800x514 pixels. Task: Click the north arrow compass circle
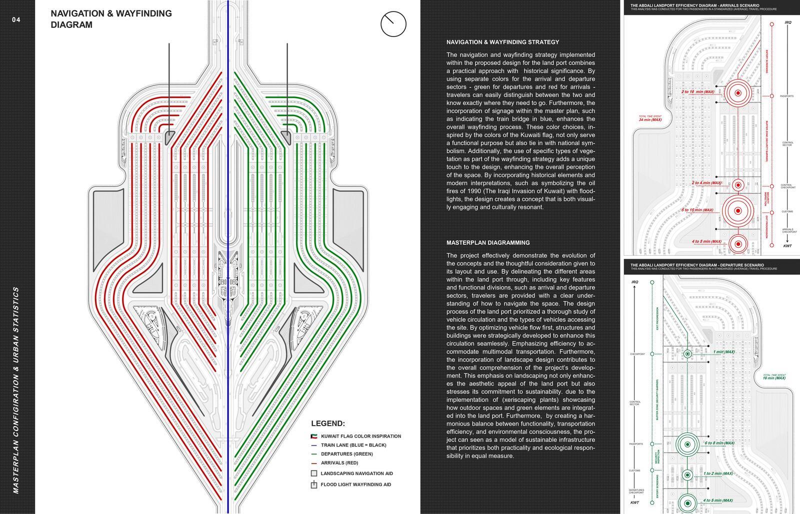(393, 24)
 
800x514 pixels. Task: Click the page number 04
(16, 20)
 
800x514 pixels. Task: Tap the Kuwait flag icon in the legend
(314, 436)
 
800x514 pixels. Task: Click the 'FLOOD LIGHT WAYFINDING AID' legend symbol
(314, 485)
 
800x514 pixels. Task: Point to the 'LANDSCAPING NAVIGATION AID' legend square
(314, 473)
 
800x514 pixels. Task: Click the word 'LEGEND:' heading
(327, 424)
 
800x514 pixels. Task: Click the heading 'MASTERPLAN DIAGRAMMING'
(487, 243)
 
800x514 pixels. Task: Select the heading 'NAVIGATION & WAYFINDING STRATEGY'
(502, 42)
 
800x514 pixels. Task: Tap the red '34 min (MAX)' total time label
(650, 120)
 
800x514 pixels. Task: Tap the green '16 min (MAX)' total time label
(774, 378)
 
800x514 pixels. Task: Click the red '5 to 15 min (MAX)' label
(697, 210)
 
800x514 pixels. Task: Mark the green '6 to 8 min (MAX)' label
(719, 443)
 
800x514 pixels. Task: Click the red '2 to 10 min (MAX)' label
(697, 92)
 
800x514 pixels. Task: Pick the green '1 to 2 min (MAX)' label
(718, 474)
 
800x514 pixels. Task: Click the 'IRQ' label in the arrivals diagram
(788, 22)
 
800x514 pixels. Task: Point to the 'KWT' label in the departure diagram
(634, 503)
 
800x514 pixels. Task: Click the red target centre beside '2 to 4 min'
(737, 184)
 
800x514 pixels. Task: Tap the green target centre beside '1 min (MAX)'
(687, 354)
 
